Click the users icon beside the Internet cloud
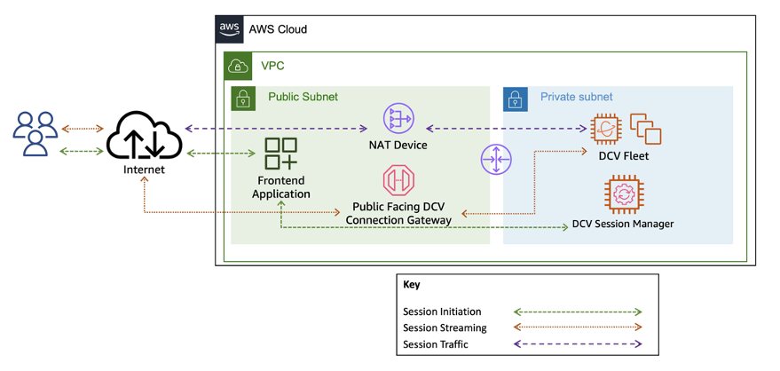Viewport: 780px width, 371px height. point(35,135)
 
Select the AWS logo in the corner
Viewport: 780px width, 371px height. point(230,28)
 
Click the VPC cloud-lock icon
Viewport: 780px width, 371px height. point(238,66)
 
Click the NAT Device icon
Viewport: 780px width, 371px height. point(398,119)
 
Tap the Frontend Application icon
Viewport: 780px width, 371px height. point(280,154)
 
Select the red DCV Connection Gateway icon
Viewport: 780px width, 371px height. point(398,180)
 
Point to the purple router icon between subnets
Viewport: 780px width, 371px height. point(495,160)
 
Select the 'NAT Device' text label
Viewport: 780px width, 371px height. point(398,145)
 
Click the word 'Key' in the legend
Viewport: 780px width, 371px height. point(412,286)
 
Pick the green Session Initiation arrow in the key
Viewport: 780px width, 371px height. point(578,312)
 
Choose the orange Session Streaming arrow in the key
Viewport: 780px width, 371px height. point(578,328)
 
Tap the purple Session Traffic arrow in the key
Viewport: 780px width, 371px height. point(578,343)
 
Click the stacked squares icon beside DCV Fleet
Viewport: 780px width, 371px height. point(645,129)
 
